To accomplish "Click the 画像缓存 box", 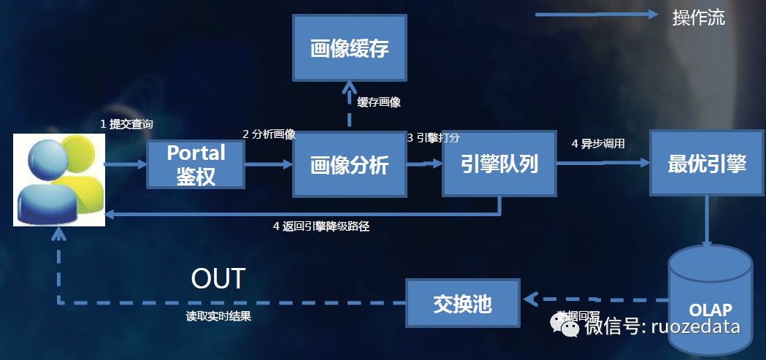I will [x=349, y=49].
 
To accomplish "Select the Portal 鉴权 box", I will [x=196, y=165].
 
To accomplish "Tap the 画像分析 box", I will [x=349, y=165].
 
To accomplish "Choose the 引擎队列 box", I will [x=499, y=164].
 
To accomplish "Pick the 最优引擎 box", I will [x=707, y=164].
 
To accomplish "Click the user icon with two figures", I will [x=58, y=180].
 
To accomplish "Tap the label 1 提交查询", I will [x=126, y=124].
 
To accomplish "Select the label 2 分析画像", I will [x=269, y=134].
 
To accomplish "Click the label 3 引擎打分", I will [x=433, y=137].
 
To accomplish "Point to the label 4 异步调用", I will [x=598, y=143].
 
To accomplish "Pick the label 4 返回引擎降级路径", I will [x=321, y=226].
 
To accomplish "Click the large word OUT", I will [x=218, y=278].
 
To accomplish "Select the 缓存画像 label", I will [x=379, y=102].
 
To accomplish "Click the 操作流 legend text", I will [x=699, y=18].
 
